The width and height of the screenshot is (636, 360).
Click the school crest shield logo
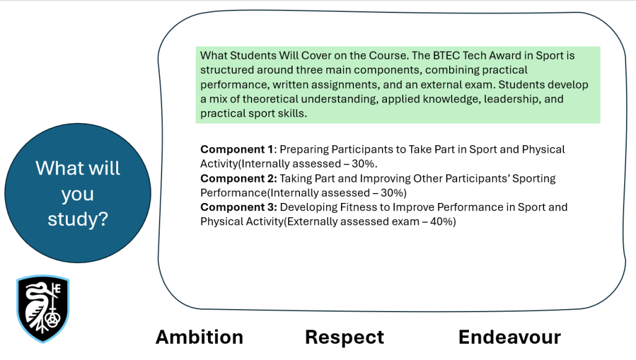click(x=43, y=309)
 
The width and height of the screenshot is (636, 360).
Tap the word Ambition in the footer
click(x=199, y=337)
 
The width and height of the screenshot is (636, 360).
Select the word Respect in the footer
click(x=345, y=337)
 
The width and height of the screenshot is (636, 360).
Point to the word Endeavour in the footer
click(x=509, y=337)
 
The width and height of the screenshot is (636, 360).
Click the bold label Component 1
click(x=237, y=150)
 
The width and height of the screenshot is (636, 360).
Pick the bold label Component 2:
click(x=238, y=178)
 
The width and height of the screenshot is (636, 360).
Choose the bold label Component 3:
click(x=238, y=207)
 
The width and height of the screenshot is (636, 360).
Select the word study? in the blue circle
click(x=78, y=220)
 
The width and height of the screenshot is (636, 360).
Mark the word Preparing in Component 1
click(x=304, y=150)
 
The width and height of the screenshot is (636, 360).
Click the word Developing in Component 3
click(x=309, y=207)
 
